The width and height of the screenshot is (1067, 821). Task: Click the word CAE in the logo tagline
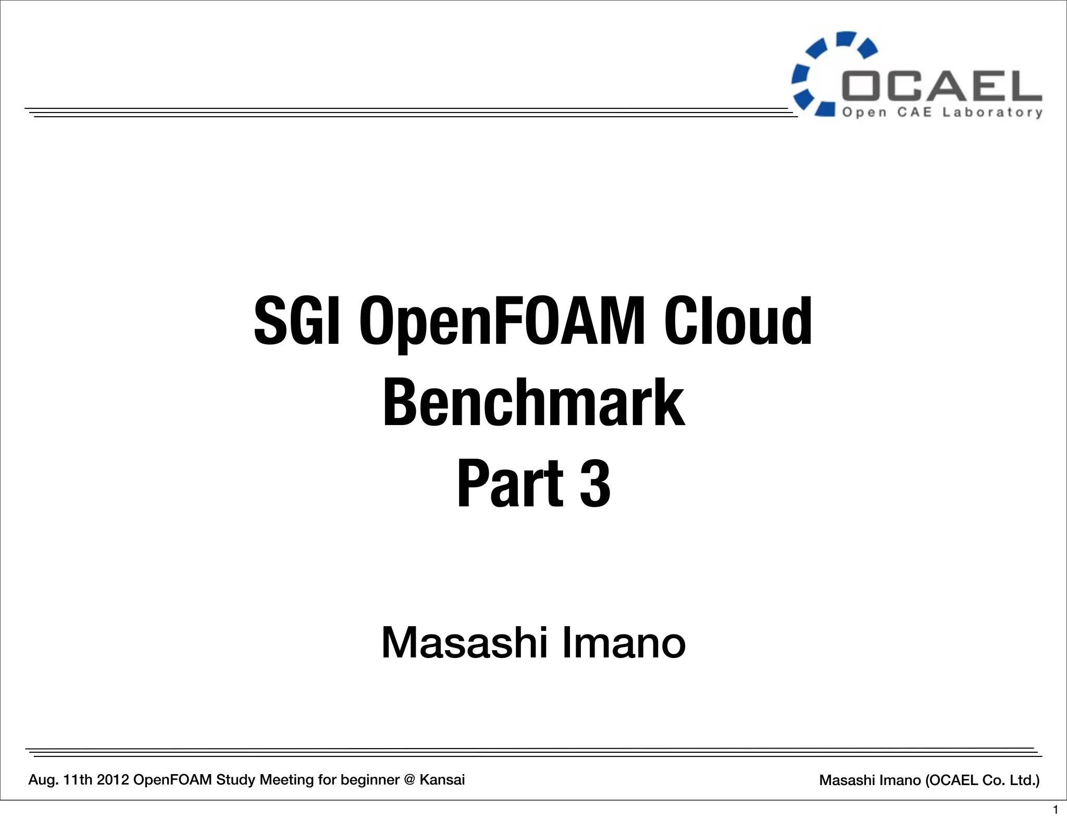tap(914, 113)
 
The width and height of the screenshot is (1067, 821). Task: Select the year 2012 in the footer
tap(113, 780)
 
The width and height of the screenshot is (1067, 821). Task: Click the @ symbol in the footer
tap(409, 780)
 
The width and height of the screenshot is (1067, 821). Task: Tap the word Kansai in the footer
tap(442, 780)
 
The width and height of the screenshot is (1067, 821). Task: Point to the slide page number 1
tap(1056, 810)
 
